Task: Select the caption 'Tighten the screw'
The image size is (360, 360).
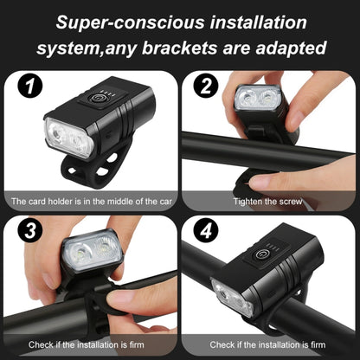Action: coord(269,201)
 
